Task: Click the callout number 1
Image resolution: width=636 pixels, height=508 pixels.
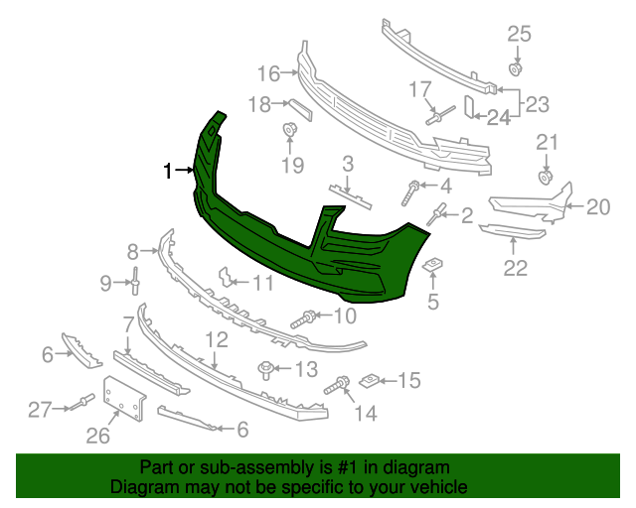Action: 168,171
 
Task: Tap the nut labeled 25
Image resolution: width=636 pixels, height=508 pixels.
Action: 515,69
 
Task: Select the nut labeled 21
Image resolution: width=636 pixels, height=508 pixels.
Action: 546,177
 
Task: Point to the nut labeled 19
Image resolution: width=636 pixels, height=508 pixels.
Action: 289,129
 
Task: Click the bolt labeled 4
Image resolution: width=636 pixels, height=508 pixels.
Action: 410,192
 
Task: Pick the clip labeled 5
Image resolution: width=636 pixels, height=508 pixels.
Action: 433,265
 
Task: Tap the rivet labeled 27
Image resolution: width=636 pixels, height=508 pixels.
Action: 82,402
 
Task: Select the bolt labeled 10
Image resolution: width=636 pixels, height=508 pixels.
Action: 303,319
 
